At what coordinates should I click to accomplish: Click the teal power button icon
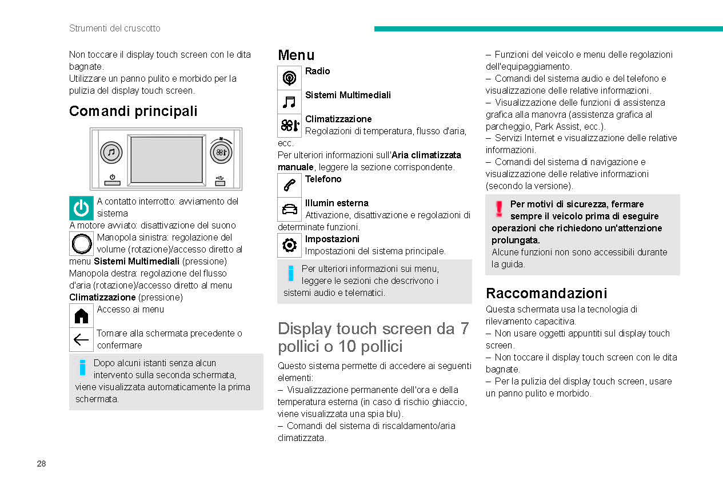[x=81, y=208]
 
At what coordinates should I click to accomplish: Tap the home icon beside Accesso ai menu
[x=81, y=315]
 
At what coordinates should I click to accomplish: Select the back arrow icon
[x=81, y=340]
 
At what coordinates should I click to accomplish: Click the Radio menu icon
[x=290, y=78]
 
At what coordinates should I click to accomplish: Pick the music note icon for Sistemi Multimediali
[x=290, y=102]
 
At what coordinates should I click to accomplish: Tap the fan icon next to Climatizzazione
[x=290, y=126]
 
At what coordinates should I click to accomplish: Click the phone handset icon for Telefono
[x=290, y=185]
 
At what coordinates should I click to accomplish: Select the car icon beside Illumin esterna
[x=290, y=209]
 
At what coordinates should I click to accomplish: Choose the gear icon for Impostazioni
[x=290, y=245]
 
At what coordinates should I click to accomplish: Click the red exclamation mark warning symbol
[x=499, y=209]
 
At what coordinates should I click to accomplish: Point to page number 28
[x=41, y=463]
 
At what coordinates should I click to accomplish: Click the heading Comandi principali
[x=133, y=111]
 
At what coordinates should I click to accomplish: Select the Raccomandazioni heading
[x=546, y=293]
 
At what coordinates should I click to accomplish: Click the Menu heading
[x=296, y=55]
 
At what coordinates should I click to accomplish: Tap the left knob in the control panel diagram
[x=111, y=153]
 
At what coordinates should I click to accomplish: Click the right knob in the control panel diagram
[x=221, y=153]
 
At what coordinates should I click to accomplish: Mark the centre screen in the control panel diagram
[x=166, y=159]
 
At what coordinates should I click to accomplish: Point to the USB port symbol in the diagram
[x=221, y=181]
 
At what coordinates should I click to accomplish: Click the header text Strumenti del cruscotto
[x=115, y=28]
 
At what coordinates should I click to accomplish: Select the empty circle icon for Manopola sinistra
[x=81, y=244]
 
